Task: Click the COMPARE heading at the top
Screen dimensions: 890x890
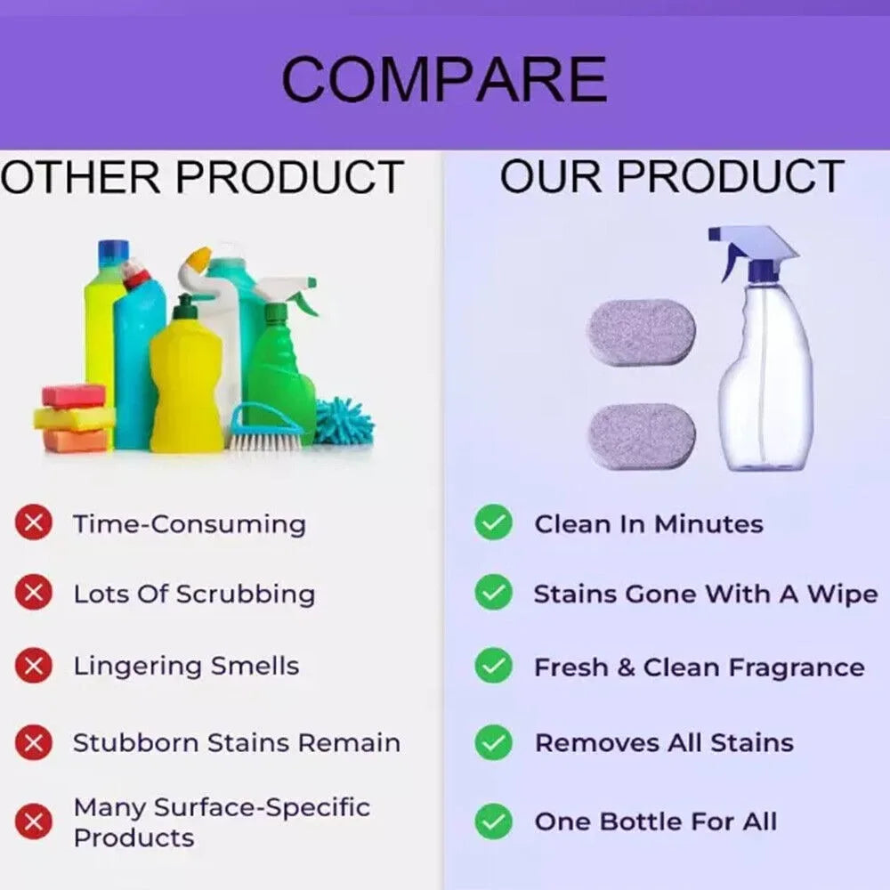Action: [x=443, y=79]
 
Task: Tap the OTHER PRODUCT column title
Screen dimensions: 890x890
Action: [x=202, y=176]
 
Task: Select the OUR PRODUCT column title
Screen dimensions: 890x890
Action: [x=671, y=176]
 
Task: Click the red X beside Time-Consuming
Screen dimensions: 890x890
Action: [x=33, y=523]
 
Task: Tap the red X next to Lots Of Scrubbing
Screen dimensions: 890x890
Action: [x=33, y=593]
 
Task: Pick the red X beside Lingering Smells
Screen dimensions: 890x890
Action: [x=33, y=665]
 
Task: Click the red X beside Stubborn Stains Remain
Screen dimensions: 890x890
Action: [x=33, y=741]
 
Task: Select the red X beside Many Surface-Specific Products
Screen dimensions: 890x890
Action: [x=33, y=821]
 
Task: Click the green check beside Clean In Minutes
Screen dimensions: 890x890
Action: [x=493, y=523]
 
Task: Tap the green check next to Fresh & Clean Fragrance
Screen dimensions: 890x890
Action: [x=493, y=667]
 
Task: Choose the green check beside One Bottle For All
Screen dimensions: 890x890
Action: [x=493, y=821]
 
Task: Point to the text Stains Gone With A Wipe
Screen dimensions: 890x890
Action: [x=705, y=594]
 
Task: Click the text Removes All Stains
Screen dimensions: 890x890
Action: [x=663, y=742]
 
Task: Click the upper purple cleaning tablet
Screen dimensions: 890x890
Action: [x=641, y=332]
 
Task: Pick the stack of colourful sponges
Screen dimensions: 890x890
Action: [x=74, y=417]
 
